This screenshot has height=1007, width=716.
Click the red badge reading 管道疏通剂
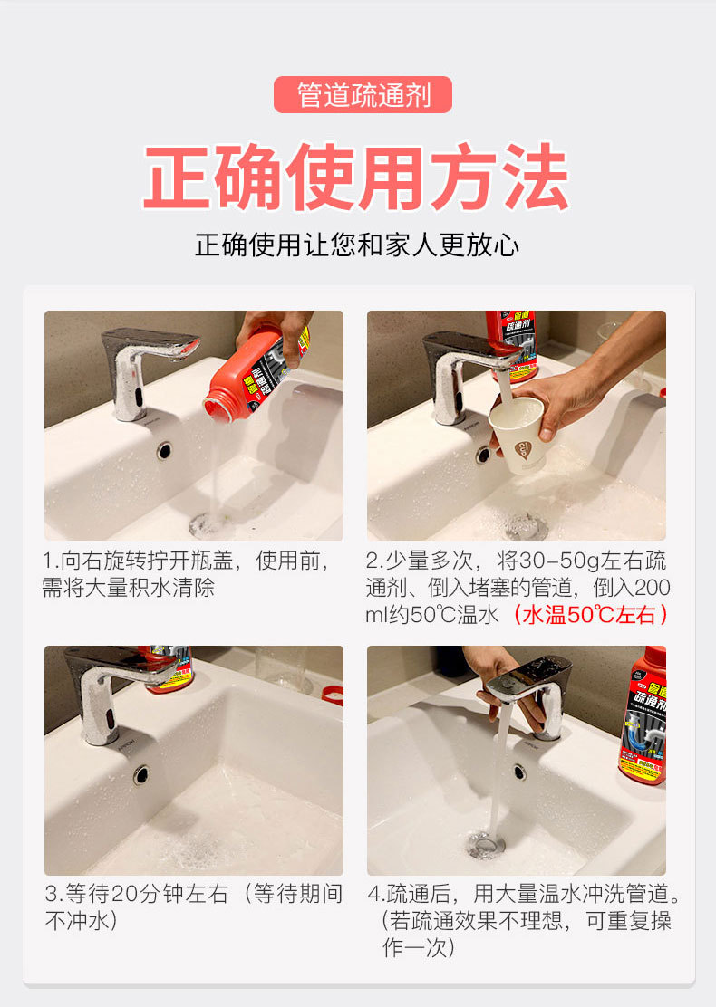[363, 94]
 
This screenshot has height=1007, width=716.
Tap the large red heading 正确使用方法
[357, 177]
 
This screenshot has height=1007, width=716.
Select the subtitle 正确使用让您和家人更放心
[357, 245]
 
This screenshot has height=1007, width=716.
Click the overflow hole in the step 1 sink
[165, 450]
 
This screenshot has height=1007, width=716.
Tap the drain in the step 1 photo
[207, 525]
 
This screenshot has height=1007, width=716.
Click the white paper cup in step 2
[518, 434]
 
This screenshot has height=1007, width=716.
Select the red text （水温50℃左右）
[591, 615]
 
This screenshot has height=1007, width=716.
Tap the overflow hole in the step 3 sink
[140, 774]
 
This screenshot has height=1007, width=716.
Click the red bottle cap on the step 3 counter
[333, 695]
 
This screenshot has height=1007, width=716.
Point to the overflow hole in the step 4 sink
[519, 772]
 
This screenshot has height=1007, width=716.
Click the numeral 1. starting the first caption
[51, 561]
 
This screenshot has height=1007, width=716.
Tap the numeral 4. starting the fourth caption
[376, 893]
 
